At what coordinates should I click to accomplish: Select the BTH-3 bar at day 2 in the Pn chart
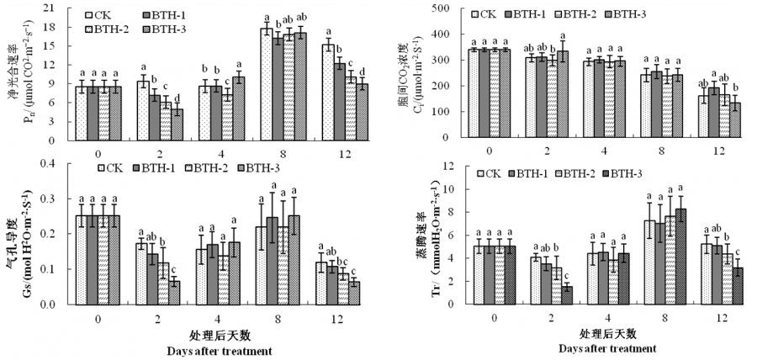177,124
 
